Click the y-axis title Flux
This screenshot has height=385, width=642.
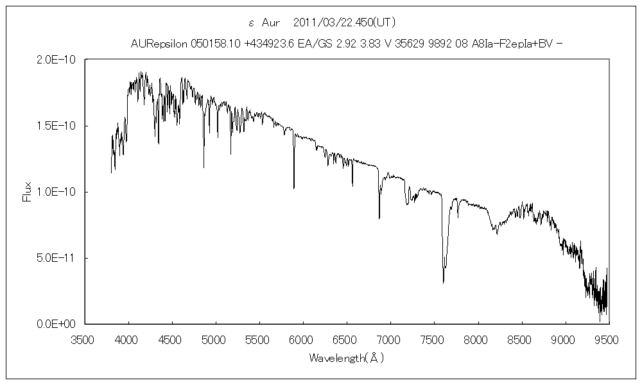point(27,192)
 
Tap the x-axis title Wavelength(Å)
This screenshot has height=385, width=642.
point(346,357)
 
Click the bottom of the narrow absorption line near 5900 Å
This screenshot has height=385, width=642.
point(294,188)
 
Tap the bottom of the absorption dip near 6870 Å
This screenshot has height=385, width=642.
point(379,218)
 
